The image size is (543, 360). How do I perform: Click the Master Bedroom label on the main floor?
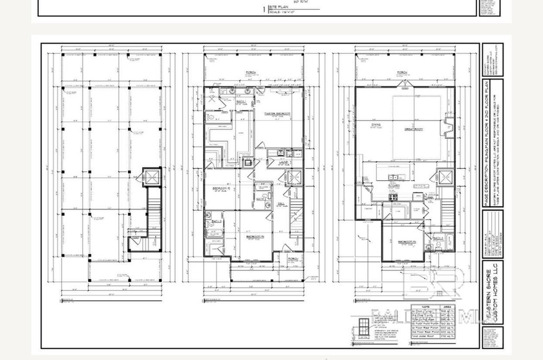coord(277,113)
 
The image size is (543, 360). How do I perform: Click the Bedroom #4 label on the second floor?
coord(407,242)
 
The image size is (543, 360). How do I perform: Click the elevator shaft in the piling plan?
coord(151,178)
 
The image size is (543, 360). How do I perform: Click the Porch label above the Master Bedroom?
coord(251,72)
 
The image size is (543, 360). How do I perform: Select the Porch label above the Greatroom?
coord(402,72)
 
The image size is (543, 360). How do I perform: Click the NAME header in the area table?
coord(425,306)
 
